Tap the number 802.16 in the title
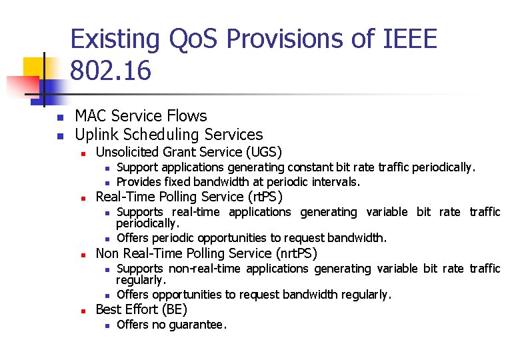coord(111,71)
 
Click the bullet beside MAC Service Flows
coord(59,118)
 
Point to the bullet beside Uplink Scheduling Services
coord(59,136)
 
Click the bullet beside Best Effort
coord(82,311)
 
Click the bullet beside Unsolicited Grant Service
coord(82,153)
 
